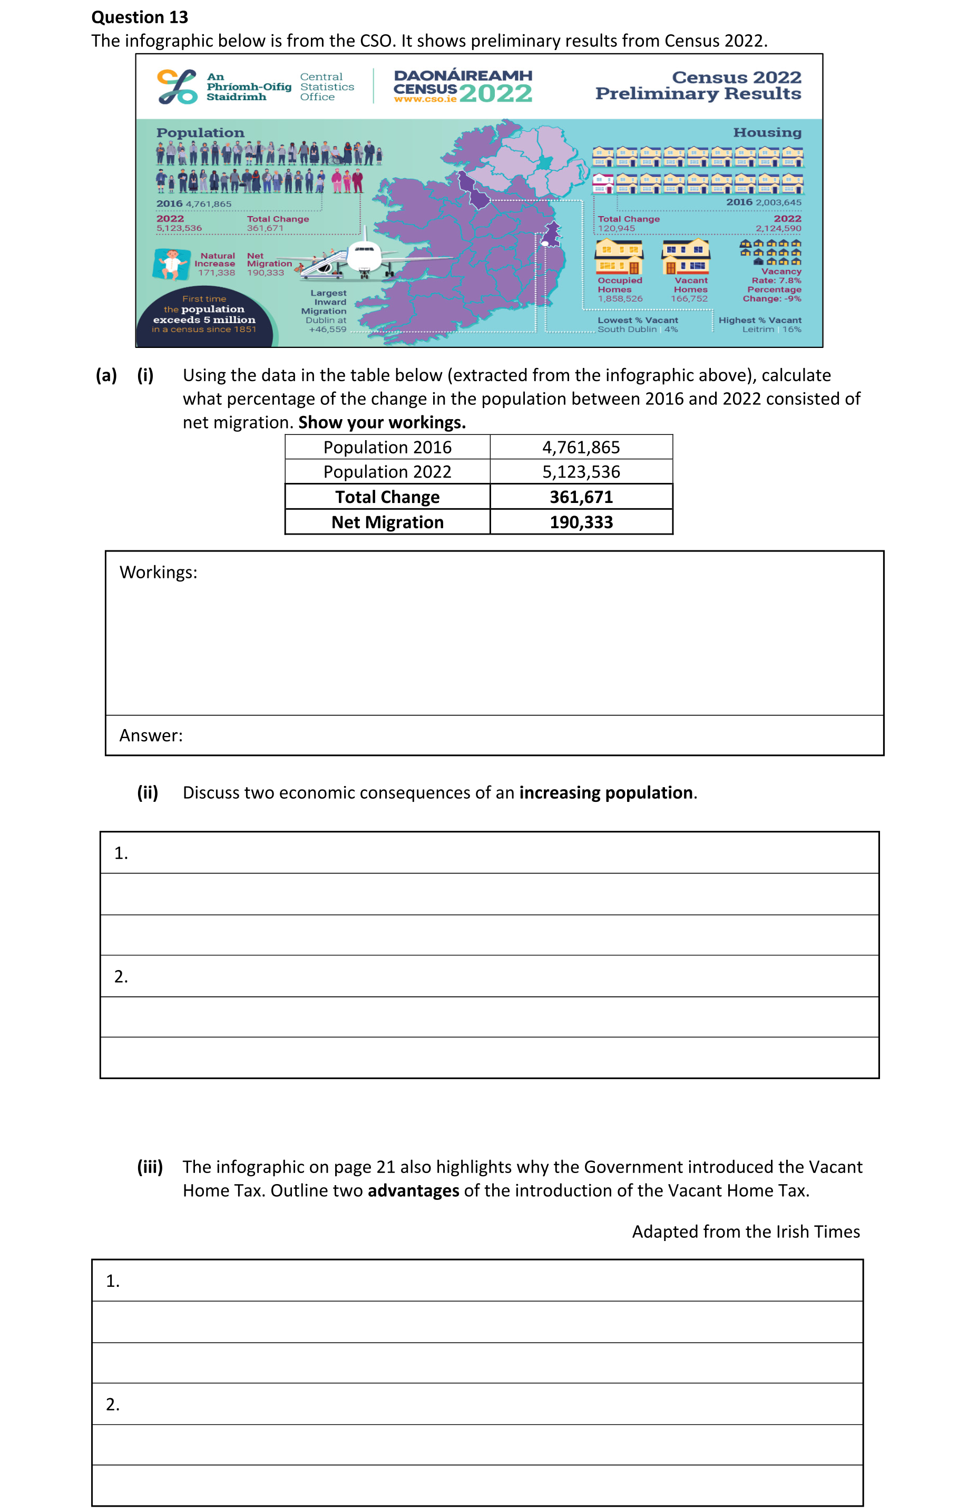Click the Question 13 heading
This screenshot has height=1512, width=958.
click(139, 17)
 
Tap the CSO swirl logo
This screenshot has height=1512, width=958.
click(177, 86)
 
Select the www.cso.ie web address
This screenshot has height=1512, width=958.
click(425, 99)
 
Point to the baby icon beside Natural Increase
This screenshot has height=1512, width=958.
click(171, 264)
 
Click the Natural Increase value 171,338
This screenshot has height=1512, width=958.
click(217, 273)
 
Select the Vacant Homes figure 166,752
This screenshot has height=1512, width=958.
click(689, 299)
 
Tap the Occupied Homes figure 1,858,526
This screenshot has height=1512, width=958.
click(620, 299)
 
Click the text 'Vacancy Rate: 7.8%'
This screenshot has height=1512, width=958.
click(777, 276)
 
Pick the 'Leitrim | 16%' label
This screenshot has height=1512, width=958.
click(771, 329)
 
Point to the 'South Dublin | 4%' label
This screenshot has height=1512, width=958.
click(637, 329)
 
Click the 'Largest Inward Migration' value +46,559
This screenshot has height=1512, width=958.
click(328, 329)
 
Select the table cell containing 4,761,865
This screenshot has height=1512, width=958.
click(581, 448)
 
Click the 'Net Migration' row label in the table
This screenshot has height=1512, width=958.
click(387, 522)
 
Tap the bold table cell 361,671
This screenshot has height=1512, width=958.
click(581, 497)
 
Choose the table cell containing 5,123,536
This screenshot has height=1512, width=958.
click(581, 472)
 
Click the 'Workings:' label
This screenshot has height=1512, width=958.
click(158, 573)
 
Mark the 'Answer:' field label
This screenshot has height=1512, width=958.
click(151, 736)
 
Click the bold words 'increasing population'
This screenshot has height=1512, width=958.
click(606, 793)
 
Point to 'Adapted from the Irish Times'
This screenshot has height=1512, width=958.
click(746, 1232)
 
